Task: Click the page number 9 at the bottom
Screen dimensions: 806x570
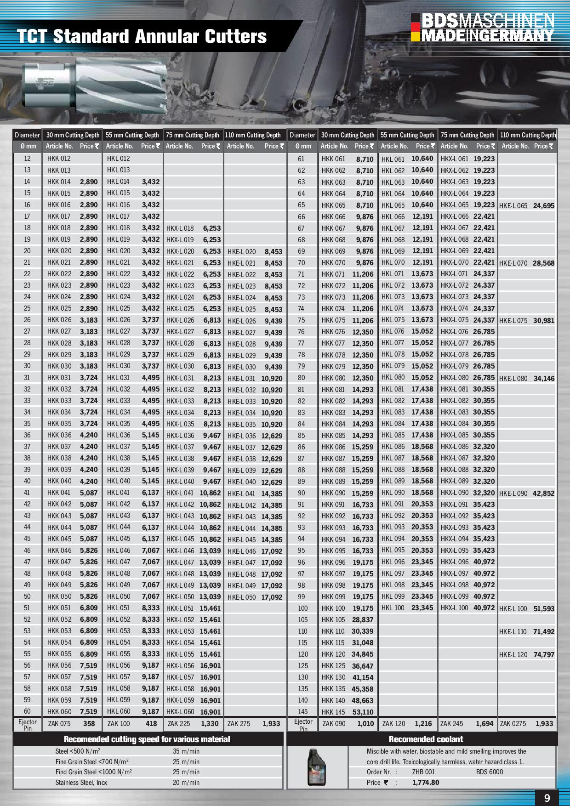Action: [547, 798]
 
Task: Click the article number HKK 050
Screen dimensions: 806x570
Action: [59, 596]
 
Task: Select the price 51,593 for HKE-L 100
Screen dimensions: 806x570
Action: [544, 609]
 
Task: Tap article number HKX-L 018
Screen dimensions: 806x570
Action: [180, 228]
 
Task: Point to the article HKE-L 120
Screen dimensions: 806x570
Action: [513, 655]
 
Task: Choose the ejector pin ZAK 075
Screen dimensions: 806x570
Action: [59, 724]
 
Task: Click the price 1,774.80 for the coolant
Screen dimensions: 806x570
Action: [425, 783]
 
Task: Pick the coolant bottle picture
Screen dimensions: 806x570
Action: [316, 767]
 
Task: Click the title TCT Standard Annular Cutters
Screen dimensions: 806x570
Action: [142, 36]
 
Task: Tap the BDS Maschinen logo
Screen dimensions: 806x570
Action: [483, 28]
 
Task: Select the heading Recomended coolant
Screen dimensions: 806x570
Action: [426, 739]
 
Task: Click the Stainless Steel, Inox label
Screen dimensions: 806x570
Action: [81, 783]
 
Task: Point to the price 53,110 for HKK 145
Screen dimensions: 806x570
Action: [363, 712]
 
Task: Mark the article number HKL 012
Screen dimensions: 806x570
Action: [119, 159]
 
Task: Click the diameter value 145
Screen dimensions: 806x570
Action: [302, 712]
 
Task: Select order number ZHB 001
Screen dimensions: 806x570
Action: [423, 772]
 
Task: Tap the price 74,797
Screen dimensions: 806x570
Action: [544, 655]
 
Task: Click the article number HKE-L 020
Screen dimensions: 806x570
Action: [241, 252]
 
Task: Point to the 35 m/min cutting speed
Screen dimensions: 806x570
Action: [186, 751]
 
